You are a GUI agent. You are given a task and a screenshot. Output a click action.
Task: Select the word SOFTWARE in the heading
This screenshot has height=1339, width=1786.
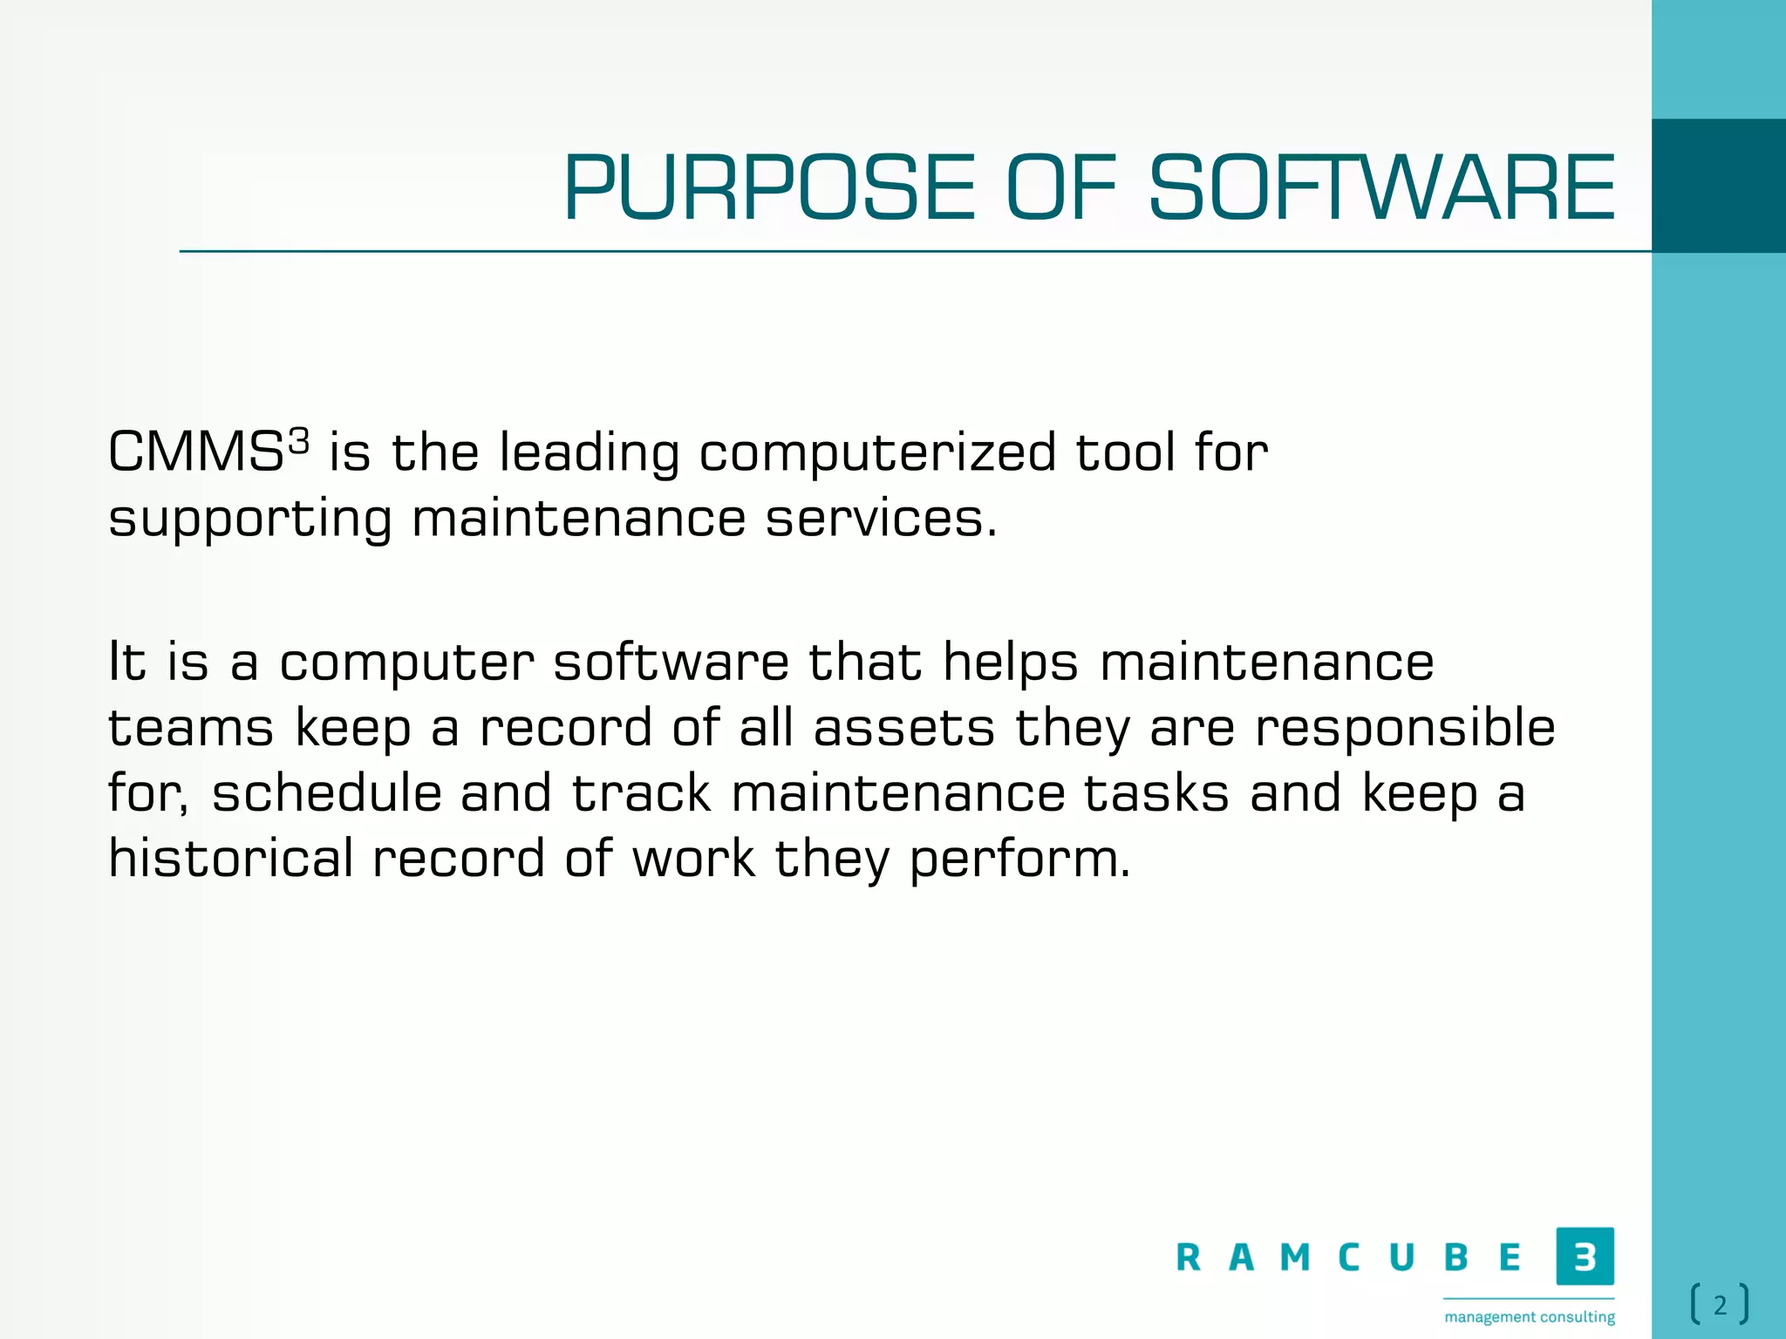[x=1381, y=188]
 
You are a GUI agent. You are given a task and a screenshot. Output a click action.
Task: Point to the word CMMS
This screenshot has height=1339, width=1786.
[x=195, y=453]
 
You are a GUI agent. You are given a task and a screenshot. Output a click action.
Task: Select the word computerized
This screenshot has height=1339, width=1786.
[x=876, y=453]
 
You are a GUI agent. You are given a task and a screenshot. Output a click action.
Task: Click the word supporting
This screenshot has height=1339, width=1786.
[x=250, y=520]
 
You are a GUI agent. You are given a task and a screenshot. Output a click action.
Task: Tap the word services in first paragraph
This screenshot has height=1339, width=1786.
[x=879, y=519]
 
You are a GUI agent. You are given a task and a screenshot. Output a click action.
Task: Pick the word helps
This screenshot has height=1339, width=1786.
[x=1011, y=663]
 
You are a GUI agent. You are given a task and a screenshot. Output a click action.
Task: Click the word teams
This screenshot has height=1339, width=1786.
[x=191, y=728]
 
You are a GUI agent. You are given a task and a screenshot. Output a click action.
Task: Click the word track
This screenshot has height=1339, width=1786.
[x=641, y=793]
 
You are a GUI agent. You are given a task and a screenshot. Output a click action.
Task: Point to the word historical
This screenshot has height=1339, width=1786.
[x=230, y=859]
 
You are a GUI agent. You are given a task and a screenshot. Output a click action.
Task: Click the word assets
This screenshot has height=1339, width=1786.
[x=903, y=728]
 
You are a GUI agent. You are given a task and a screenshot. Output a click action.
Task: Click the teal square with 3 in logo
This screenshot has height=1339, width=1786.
[x=1585, y=1256]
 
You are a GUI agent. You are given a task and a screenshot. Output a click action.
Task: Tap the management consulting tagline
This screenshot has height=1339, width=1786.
[x=1529, y=1316]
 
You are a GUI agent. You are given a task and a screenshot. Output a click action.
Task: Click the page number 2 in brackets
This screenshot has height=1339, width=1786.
[x=1720, y=1305]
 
